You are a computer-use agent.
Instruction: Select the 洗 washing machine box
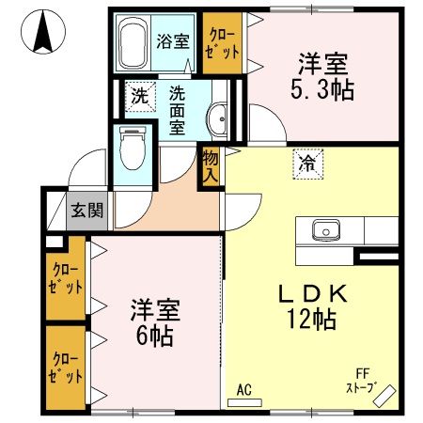pos(138,94)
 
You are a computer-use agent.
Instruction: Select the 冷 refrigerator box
pos(306,164)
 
